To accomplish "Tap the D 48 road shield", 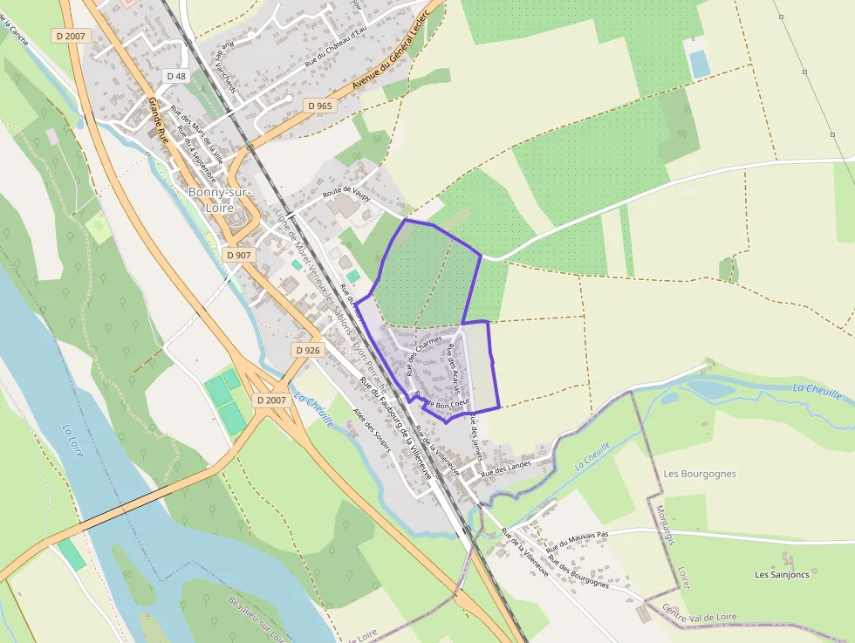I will [x=175, y=77].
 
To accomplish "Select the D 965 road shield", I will [x=319, y=106].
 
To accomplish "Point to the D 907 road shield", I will [x=237, y=256].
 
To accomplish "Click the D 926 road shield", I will [x=307, y=350].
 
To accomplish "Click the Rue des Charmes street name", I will [x=425, y=356].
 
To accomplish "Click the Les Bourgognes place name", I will [x=700, y=474].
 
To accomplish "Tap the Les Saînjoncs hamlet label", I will [x=782, y=574].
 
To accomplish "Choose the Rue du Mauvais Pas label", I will [x=577, y=542].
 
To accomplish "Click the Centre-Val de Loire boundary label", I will [x=699, y=612].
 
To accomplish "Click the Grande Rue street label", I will [x=158, y=120].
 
